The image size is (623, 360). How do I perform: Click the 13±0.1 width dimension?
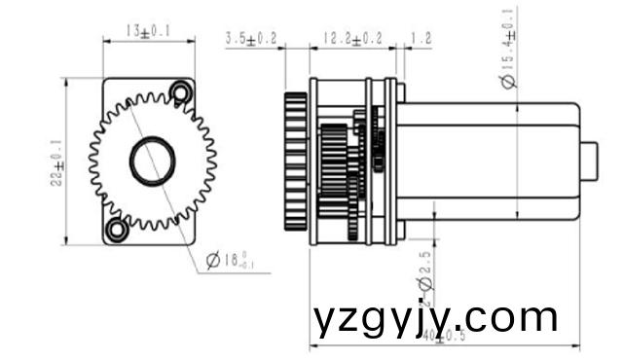click(148, 31)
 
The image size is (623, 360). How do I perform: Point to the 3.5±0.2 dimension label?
click(251, 39)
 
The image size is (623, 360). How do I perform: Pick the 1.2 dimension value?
click(421, 39)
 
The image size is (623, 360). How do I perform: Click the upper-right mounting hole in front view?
click(179, 91)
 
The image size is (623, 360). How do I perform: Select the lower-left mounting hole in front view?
click(117, 230)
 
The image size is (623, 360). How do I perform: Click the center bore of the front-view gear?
click(153, 161)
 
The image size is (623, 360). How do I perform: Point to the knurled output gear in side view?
click(296, 161)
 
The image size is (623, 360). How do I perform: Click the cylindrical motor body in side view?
click(487, 161)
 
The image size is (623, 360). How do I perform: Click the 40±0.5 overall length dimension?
click(443, 337)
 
